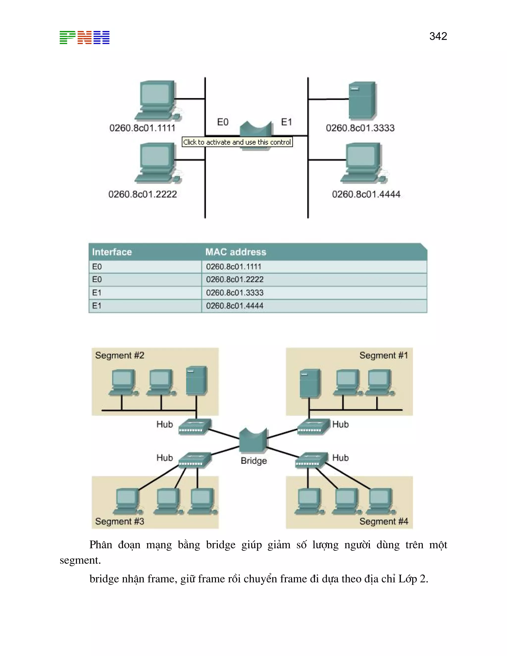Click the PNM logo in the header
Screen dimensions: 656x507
[84, 38]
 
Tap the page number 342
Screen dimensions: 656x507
[438, 36]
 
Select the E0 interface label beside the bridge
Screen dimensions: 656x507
[223, 122]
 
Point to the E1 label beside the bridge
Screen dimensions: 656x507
[286, 122]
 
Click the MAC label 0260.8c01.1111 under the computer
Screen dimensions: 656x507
[142, 128]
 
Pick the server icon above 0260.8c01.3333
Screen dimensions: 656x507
[362, 101]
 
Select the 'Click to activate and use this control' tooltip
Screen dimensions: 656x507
[237, 142]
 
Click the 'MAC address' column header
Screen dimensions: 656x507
[236, 252]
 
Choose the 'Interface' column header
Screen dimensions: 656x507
[112, 252]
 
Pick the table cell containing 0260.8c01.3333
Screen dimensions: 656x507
[235, 293]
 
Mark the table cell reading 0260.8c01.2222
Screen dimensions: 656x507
[235, 280]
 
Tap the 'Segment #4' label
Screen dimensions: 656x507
[383, 521]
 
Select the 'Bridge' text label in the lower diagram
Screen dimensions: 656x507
[253, 461]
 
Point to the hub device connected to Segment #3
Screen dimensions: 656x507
[195, 460]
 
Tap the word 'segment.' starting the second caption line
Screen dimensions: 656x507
[80, 560]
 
